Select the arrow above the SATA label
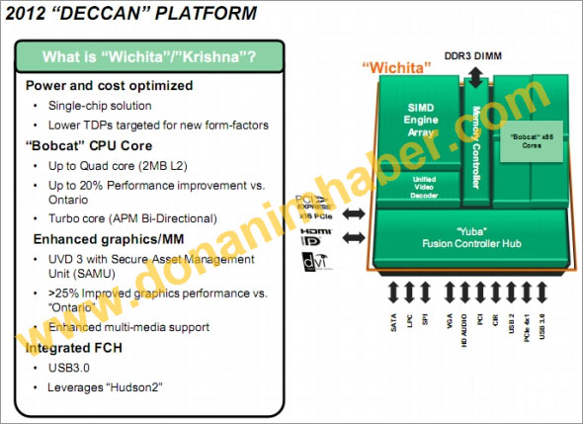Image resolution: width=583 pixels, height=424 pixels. click(393, 294)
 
